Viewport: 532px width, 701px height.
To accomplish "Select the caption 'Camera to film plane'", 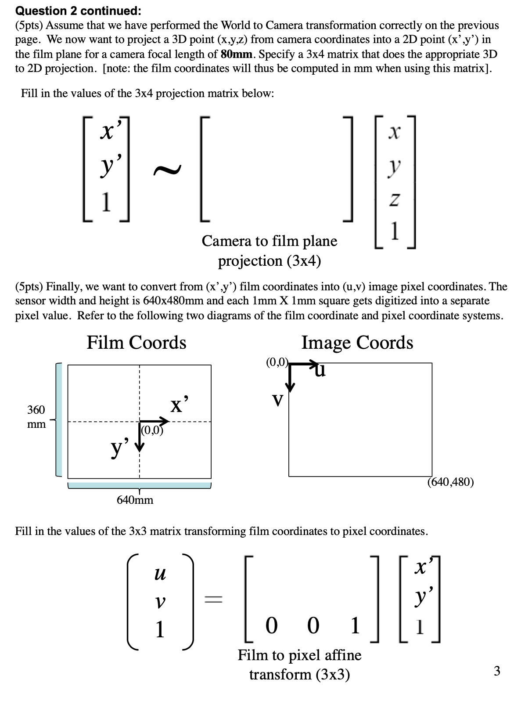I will (269, 241).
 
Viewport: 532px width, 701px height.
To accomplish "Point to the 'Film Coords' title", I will (136, 343).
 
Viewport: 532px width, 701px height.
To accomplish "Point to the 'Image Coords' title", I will (357, 343).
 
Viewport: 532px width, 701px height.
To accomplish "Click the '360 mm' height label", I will (36, 416).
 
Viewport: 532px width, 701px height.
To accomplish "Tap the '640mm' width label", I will (135, 500).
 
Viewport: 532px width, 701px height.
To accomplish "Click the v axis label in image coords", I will (277, 400).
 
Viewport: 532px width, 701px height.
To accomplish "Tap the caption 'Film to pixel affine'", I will (299, 655).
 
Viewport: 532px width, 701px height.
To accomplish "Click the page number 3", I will (497, 671).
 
